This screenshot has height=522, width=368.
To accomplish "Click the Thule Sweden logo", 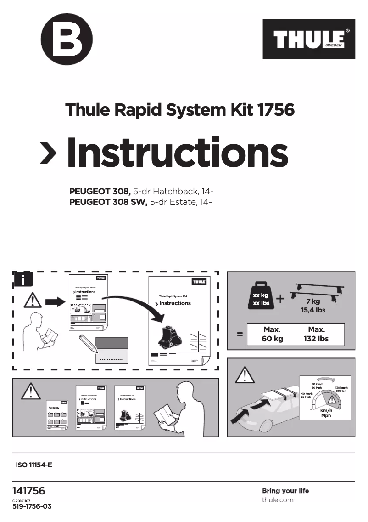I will pos(308,39).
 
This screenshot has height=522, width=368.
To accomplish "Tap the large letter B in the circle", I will pos(67,40).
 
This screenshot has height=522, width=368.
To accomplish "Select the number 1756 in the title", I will pos(272,110).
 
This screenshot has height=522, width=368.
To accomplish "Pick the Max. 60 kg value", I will pos(272,335).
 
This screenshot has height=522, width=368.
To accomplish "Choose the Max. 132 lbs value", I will pos(317,335).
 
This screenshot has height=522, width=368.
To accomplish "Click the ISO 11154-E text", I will pos(34,465).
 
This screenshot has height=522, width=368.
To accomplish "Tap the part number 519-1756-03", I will pos(32,506).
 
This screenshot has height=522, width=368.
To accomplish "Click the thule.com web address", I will pos(277,499).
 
